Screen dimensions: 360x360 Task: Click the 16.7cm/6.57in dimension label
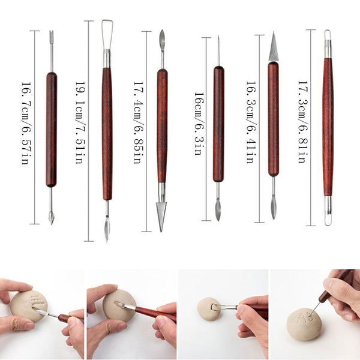click(26, 123)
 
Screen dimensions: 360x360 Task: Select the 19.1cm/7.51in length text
click(80, 122)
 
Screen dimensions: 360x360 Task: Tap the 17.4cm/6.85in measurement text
click(139, 122)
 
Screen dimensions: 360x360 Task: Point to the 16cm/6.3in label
click(199, 124)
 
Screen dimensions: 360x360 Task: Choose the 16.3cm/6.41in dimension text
click(251, 122)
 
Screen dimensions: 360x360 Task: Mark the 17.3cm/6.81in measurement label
click(303, 122)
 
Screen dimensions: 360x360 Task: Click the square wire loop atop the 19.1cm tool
click(107, 34)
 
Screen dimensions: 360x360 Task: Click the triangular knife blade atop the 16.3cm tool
click(274, 47)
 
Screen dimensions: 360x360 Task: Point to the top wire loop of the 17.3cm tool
click(328, 35)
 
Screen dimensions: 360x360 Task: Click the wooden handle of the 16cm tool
click(218, 124)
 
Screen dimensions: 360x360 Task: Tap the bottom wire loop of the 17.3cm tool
click(328, 220)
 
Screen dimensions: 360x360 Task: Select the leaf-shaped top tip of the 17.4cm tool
click(162, 41)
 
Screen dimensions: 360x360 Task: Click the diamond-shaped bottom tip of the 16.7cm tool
click(52, 218)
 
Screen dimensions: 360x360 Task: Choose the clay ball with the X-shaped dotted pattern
click(303, 324)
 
